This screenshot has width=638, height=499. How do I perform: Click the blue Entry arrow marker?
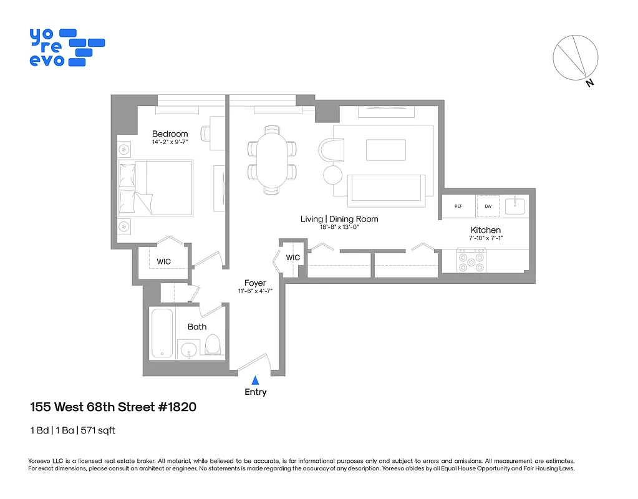255,380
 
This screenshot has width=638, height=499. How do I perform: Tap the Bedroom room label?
170,133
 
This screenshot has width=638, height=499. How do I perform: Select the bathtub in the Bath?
162,333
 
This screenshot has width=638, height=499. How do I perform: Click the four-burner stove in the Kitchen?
471,260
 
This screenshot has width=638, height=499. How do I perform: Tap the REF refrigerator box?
458,206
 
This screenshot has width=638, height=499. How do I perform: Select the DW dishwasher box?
488,206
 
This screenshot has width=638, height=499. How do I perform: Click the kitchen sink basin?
515,205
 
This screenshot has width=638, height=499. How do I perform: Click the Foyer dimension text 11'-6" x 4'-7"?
254,291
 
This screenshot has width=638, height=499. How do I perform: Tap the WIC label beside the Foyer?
293,258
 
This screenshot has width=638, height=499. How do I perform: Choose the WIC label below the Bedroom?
164,261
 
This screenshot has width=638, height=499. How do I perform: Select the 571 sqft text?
99,430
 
